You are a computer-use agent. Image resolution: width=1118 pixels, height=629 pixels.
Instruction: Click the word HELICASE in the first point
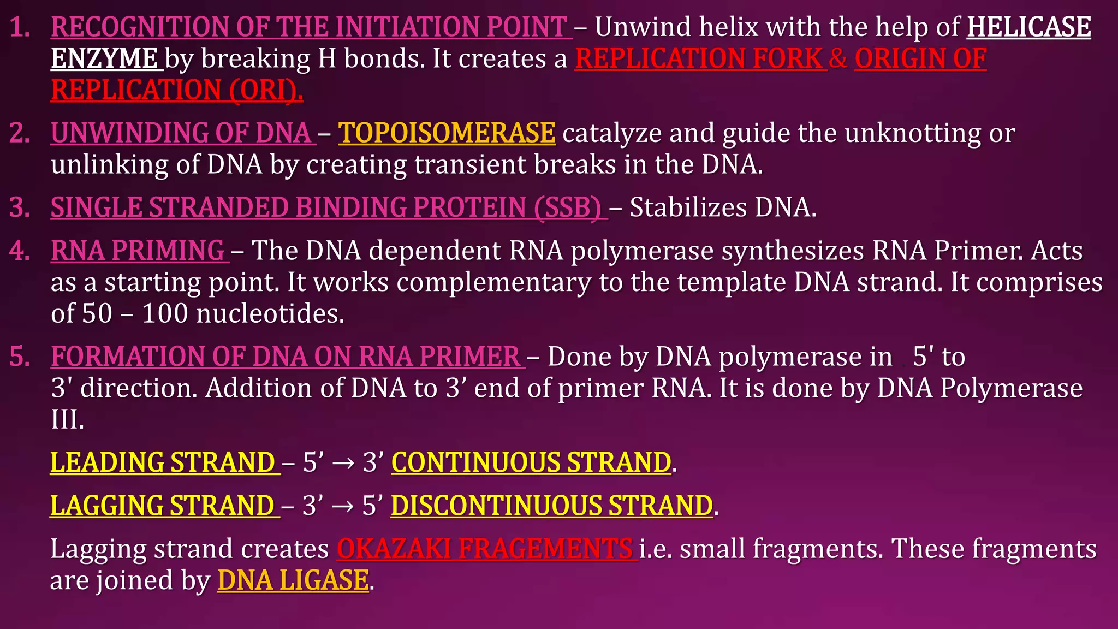(1028, 27)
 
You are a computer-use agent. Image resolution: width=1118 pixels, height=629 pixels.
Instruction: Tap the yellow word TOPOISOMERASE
(447, 133)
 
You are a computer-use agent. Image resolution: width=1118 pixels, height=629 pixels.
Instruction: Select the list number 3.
(20, 208)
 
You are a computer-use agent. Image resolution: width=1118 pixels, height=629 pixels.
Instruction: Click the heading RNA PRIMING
(138, 251)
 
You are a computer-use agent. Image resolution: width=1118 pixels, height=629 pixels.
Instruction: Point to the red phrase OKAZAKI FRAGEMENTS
(484, 549)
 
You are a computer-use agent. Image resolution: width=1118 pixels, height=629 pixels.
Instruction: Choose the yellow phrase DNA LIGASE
(293, 580)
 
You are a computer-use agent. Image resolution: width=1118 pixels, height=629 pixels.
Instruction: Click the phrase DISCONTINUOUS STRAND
(552, 506)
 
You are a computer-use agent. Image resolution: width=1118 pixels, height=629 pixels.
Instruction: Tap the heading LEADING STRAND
(163, 462)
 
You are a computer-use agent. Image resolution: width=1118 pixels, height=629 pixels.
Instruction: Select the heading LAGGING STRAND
(163, 506)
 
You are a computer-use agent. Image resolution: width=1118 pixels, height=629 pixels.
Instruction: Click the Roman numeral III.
(67, 420)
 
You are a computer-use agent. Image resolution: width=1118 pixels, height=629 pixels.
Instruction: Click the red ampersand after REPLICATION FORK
(838, 59)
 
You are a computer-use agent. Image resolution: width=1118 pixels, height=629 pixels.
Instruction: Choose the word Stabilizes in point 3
(688, 208)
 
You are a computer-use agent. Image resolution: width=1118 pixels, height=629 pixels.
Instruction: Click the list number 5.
(20, 357)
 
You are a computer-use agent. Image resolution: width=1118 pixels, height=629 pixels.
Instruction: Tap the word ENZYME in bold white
(104, 59)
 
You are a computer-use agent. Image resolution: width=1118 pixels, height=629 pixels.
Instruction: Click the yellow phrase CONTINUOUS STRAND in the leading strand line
(531, 462)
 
